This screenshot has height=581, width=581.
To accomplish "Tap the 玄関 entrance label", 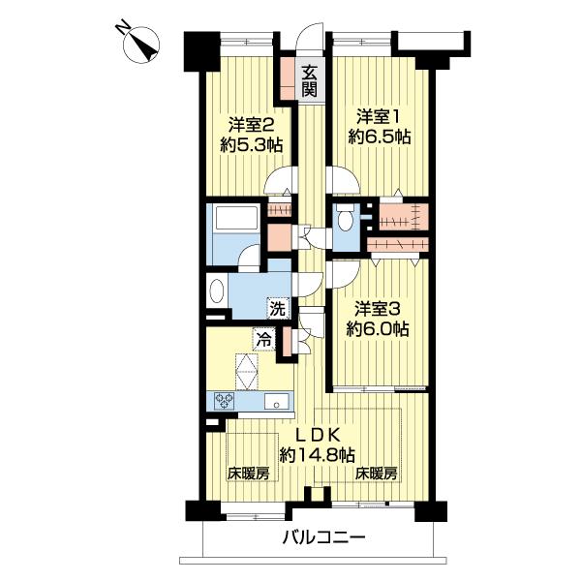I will coord(308,80).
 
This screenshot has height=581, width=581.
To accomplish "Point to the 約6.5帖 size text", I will coord(380,138).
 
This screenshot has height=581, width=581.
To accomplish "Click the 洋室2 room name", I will coord(251,125).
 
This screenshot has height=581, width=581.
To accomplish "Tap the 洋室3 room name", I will coord(378,309).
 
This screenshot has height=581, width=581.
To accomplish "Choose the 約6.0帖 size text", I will coord(378,330).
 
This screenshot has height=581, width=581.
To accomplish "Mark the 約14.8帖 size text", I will coord(317,453).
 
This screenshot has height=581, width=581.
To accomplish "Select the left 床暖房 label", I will coord(248,474).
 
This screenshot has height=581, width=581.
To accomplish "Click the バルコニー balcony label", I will coord(324,538).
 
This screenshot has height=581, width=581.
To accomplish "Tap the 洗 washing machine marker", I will coord(278,310).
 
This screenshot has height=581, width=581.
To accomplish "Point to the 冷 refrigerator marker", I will coord(263,340).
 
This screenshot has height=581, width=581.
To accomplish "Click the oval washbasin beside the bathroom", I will coord(216,292).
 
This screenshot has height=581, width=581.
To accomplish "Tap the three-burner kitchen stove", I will coord(225,401).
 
